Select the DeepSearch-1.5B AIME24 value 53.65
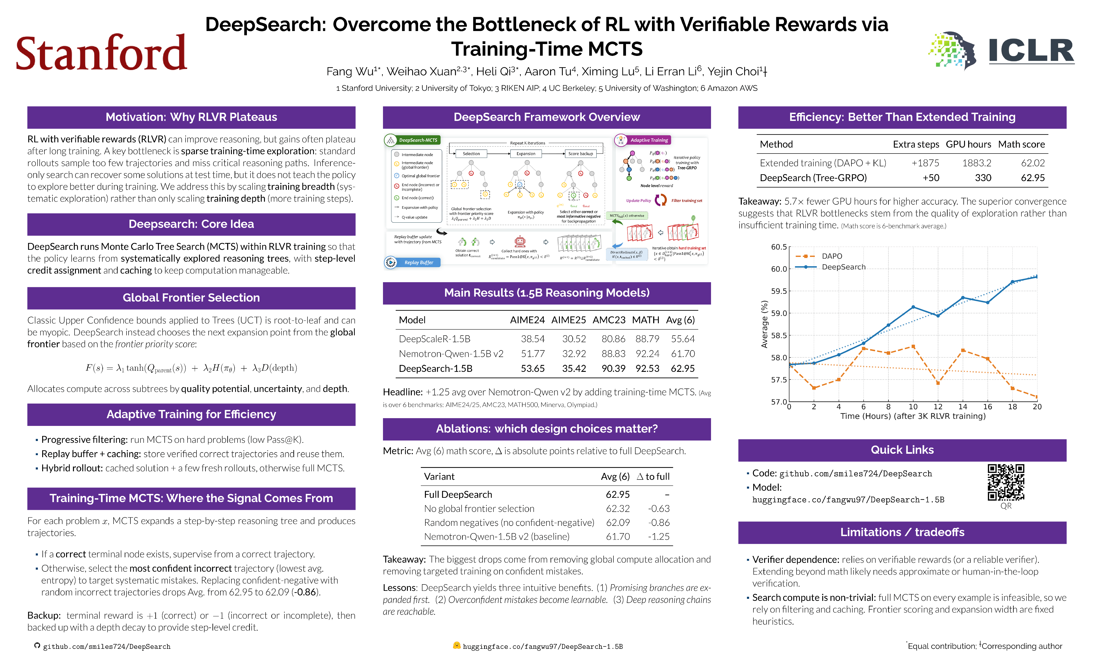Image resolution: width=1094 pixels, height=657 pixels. click(x=533, y=368)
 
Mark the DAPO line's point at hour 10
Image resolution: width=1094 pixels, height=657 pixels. click(x=913, y=347)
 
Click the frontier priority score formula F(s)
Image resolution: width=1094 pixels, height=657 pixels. click(x=191, y=368)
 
